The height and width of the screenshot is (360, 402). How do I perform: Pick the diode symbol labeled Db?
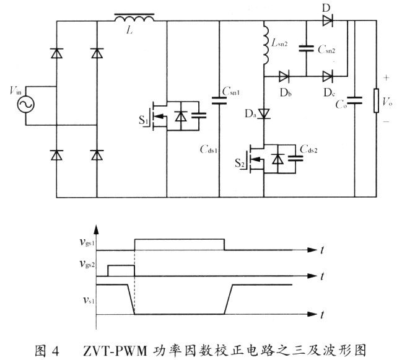284,77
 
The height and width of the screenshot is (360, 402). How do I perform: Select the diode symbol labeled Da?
264,114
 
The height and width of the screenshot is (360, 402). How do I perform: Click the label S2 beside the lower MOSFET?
240,164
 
